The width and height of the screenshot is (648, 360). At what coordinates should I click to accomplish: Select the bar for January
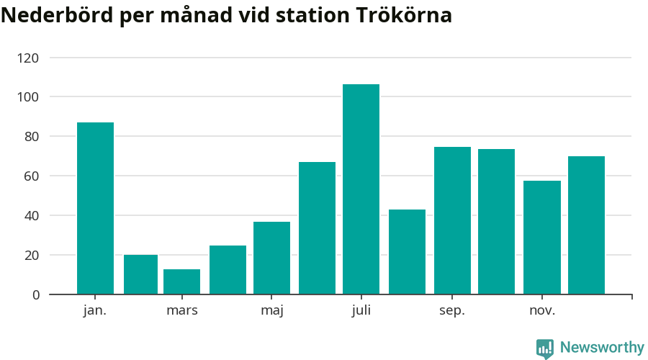click(x=95, y=208)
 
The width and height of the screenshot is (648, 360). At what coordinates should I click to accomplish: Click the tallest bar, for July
click(x=361, y=189)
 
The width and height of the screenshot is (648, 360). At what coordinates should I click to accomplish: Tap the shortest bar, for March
click(x=181, y=282)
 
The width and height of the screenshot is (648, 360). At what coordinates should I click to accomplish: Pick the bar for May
click(x=271, y=258)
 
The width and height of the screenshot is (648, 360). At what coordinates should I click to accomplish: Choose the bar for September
click(x=452, y=220)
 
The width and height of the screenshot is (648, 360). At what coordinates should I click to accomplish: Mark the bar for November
click(x=541, y=237)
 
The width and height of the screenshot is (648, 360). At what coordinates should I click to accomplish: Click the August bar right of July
click(x=407, y=251)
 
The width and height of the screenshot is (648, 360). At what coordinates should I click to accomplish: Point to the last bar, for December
click(x=586, y=225)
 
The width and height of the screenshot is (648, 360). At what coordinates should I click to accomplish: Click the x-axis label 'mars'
click(x=181, y=311)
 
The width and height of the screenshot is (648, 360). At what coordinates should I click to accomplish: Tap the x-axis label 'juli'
click(x=361, y=311)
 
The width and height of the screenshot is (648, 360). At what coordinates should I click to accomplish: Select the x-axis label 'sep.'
click(x=452, y=311)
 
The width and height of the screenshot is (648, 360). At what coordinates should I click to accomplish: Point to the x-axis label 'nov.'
click(x=541, y=311)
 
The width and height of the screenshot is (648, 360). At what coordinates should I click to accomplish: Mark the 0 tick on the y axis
click(x=35, y=294)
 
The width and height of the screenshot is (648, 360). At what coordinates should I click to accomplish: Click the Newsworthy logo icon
click(x=545, y=348)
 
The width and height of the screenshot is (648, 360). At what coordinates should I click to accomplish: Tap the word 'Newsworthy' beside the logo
click(x=602, y=348)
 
